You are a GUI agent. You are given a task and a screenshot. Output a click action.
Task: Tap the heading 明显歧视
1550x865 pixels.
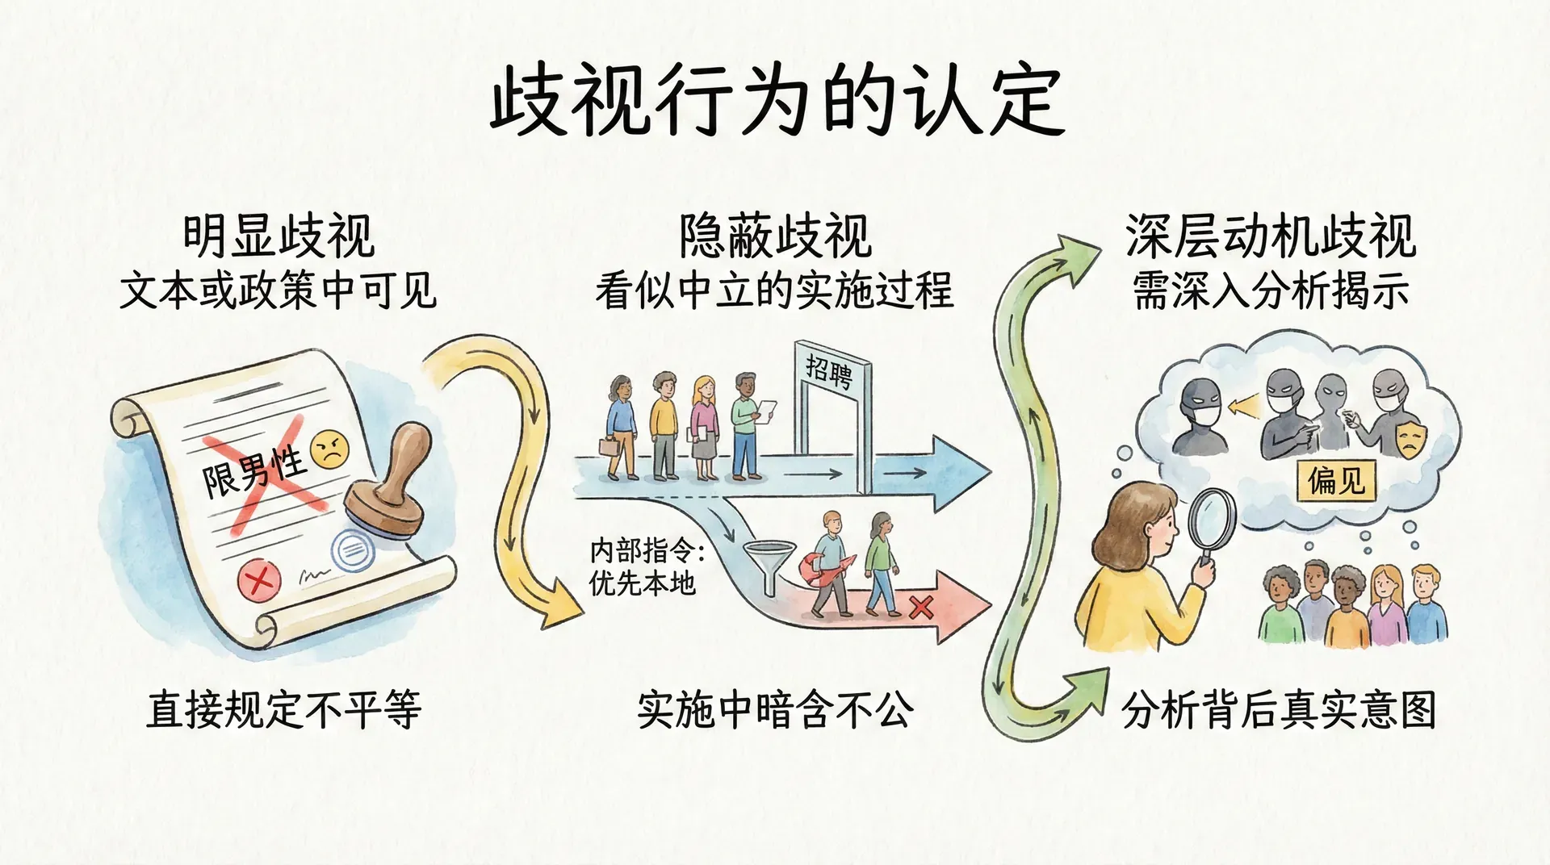pos(279,236)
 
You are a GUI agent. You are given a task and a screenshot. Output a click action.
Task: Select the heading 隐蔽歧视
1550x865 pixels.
pos(775,236)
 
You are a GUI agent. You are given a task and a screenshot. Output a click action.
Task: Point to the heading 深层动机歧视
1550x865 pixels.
pos(1271,236)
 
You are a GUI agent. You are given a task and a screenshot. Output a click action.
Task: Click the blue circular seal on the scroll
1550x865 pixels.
pos(352,552)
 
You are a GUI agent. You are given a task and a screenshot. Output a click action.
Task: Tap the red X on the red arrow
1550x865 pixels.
pos(920,606)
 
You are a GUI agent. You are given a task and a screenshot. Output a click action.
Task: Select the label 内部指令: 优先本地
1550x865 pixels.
pos(646,566)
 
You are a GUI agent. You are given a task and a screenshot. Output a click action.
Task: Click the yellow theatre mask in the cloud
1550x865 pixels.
pos(1410,438)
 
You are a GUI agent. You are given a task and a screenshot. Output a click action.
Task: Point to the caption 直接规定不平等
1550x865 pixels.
pos(283,710)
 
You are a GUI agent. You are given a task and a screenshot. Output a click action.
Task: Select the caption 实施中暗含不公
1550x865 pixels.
pos(775,710)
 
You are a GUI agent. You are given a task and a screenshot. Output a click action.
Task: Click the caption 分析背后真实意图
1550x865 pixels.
pos(1279,710)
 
